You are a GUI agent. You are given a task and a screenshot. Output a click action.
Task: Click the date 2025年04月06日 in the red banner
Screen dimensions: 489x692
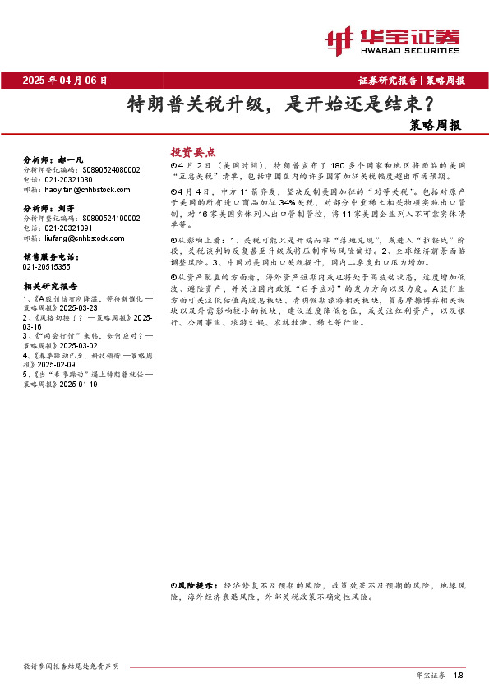tap(66, 81)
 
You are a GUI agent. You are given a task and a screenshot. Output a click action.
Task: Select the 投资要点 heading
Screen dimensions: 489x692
tap(192, 152)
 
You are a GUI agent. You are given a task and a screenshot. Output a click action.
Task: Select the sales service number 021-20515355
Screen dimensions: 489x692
tap(46, 267)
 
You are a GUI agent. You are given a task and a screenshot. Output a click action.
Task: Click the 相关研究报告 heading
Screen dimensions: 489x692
tap(50, 286)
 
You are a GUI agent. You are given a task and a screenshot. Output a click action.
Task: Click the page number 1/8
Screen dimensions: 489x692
tap(459, 675)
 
